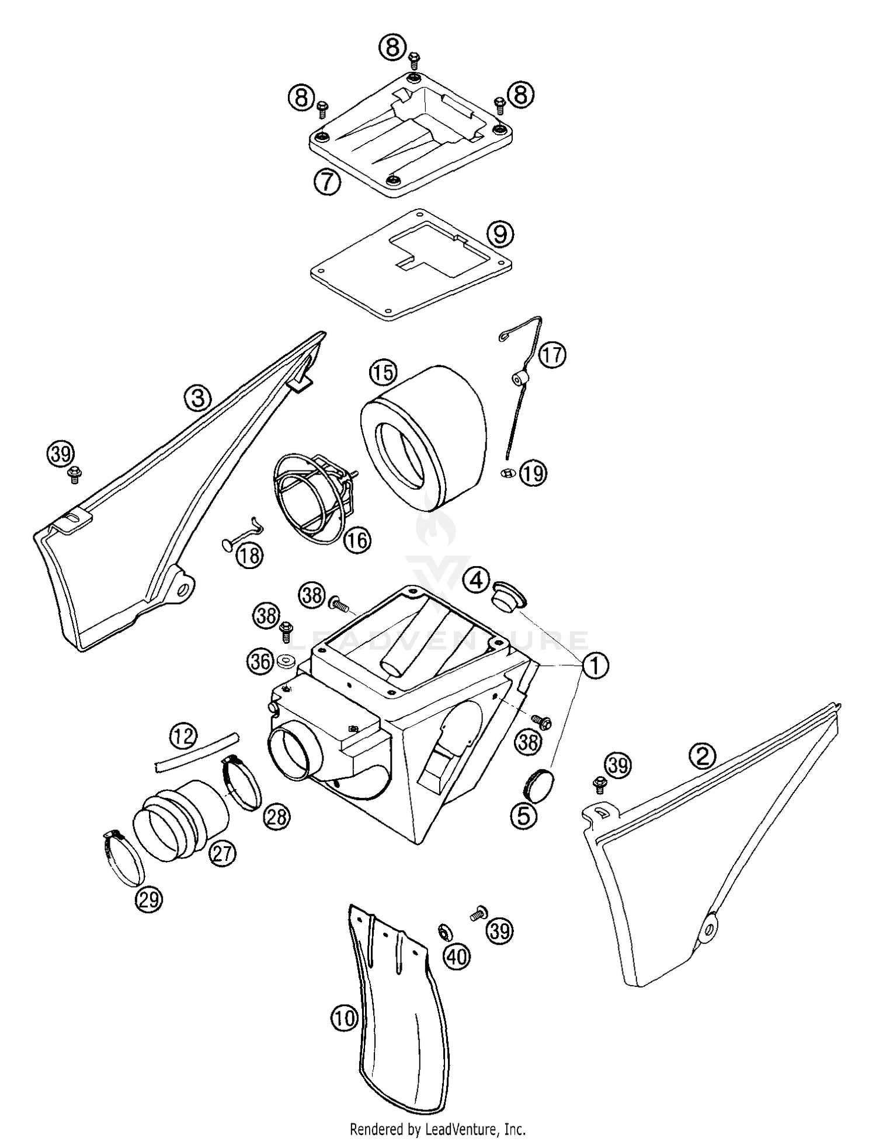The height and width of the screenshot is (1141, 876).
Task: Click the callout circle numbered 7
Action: pyautogui.click(x=326, y=182)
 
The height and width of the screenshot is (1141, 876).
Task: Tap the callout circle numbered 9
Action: pyautogui.click(x=500, y=234)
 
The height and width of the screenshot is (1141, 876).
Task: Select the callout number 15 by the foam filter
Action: pyautogui.click(x=383, y=372)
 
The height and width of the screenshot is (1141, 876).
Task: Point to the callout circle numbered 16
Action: pyautogui.click(x=357, y=540)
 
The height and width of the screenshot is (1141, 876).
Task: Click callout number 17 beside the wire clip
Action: pyautogui.click(x=552, y=354)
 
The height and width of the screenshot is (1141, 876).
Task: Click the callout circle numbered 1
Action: pyautogui.click(x=595, y=665)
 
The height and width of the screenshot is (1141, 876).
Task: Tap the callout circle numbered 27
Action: pyautogui.click(x=223, y=854)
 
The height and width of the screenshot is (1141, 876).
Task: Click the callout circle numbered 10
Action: pyautogui.click(x=344, y=1018)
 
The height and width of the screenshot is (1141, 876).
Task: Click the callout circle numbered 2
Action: pyautogui.click(x=703, y=756)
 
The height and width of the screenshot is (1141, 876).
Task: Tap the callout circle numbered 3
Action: pyautogui.click(x=198, y=399)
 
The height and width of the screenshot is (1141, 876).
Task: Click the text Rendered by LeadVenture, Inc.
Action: pyautogui.click(x=437, y=1129)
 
